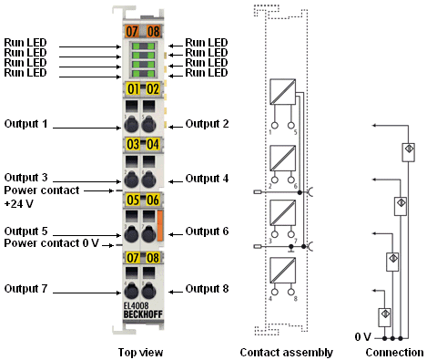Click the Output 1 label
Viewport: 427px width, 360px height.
click(25, 124)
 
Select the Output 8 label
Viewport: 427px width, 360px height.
click(207, 288)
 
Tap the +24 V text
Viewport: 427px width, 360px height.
click(18, 203)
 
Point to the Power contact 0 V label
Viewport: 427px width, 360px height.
click(51, 243)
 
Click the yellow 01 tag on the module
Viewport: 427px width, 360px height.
click(133, 89)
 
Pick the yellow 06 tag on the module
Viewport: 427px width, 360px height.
click(153, 201)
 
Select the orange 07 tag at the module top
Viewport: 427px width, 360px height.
click(132, 31)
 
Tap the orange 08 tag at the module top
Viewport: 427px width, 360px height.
click(153, 31)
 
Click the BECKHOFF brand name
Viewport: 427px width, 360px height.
click(143, 314)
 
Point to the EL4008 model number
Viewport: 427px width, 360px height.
click(136, 306)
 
